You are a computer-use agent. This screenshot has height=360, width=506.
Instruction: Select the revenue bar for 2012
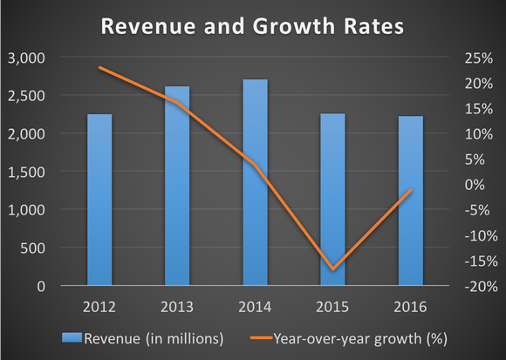99,200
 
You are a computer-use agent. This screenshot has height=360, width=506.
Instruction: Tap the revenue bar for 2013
177,187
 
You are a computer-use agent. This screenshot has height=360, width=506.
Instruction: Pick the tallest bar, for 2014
255,183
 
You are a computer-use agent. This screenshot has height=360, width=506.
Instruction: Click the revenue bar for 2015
332,200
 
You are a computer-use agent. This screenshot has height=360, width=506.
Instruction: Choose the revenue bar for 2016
410,201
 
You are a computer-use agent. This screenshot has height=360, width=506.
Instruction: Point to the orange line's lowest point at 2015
332,268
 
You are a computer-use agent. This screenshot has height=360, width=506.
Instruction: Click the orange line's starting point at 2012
99,67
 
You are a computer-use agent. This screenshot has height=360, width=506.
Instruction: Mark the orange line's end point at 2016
410,190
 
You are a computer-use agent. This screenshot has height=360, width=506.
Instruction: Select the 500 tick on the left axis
37,248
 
